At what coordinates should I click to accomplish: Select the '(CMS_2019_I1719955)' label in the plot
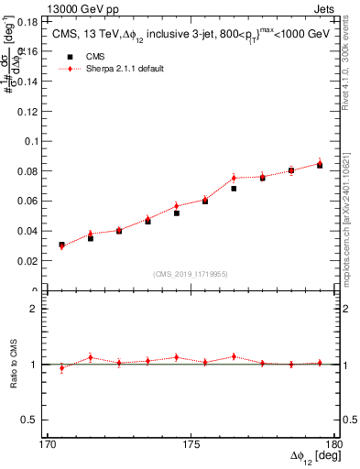pyautogui.click(x=191, y=273)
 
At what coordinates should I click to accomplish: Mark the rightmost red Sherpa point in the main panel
pyautogui.click(x=320, y=163)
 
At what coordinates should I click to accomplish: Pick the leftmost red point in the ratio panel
pyautogui.click(x=61, y=368)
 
